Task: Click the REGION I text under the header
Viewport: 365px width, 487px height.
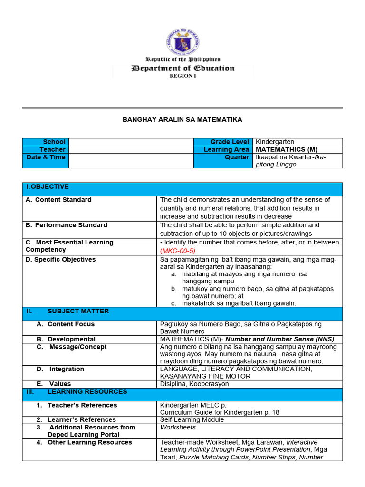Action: click(182, 76)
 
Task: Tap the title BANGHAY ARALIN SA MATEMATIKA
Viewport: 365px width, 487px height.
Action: click(182, 119)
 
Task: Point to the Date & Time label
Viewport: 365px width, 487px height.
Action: click(46, 157)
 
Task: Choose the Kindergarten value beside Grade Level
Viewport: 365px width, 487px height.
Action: click(275, 142)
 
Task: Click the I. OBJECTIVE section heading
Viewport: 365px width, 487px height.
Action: click(48, 186)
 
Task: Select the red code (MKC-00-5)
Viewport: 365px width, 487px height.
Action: click(178, 251)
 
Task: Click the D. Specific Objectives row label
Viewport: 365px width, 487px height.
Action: click(60, 259)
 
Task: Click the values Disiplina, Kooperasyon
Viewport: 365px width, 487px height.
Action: click(194, 384)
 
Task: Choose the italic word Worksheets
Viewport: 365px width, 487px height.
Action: click(178, 428)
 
